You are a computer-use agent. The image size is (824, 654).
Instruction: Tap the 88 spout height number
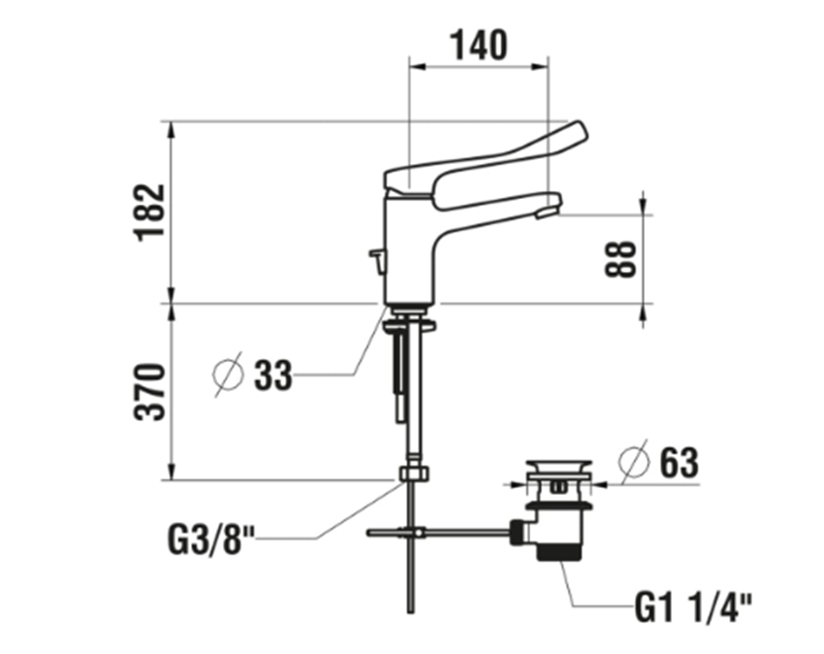pos(620,258)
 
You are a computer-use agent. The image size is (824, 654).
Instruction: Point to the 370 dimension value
pos(149,391)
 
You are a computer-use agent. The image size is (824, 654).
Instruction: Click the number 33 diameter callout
pos(272,376)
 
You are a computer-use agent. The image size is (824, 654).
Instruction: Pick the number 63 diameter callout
pos(679,463)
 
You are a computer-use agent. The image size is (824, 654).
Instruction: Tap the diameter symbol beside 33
pos(229,375)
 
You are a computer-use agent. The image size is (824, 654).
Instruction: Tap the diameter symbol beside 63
pos(633,462)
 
